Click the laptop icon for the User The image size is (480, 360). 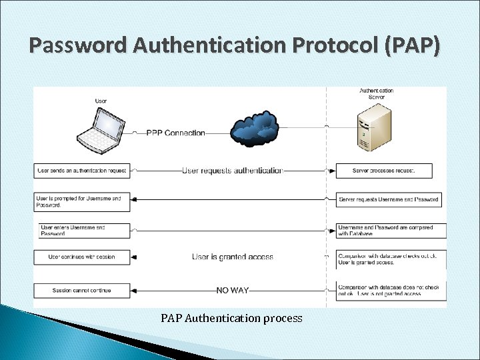pos(101,127)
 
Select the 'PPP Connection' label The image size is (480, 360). pos(175,133)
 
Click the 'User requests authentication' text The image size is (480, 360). pos(233,171)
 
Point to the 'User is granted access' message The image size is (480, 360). pos(233,257)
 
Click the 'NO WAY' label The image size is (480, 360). pos(233,290)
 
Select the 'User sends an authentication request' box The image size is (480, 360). pos(82,171)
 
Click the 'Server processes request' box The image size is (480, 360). pos(384,171)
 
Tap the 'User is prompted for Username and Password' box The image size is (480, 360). pos(82,202)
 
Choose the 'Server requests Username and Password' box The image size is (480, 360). pos(388,199)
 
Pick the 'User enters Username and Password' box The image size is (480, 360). pos(82,231)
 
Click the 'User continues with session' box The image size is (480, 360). pos(82,257)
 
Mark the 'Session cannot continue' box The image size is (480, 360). pos(82,290)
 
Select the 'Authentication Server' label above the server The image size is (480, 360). pos(377,94)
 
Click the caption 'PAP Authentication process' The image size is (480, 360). pos(231,319)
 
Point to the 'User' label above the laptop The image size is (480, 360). pos(101,101)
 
